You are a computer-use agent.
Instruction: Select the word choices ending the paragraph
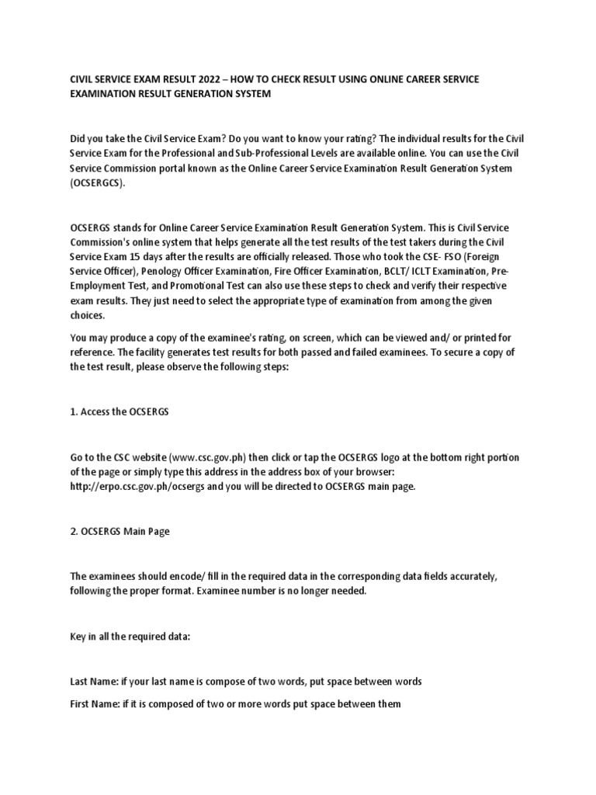tap(87, 316)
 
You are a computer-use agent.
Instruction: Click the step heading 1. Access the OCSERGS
tap(120, 411)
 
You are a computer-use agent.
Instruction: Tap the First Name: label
tap(95, 704)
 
